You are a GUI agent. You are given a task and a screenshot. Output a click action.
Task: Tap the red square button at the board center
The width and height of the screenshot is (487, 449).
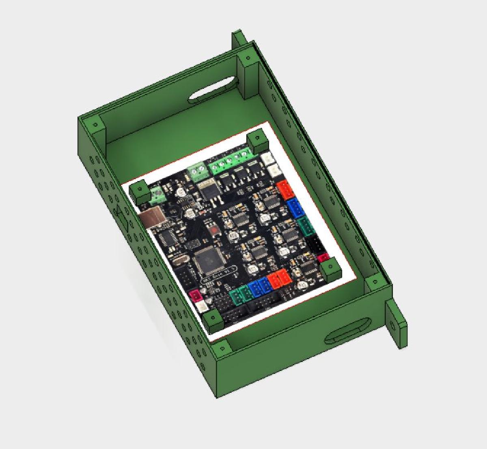point(213,231)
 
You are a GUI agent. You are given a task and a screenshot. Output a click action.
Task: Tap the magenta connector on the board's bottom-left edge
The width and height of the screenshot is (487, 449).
point(196,295)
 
